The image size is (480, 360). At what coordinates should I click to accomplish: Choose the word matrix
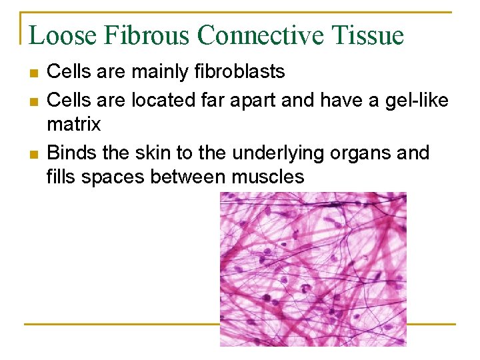74,124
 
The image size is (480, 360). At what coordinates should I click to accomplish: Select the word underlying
284,153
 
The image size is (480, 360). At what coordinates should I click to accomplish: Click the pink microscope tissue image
313,269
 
